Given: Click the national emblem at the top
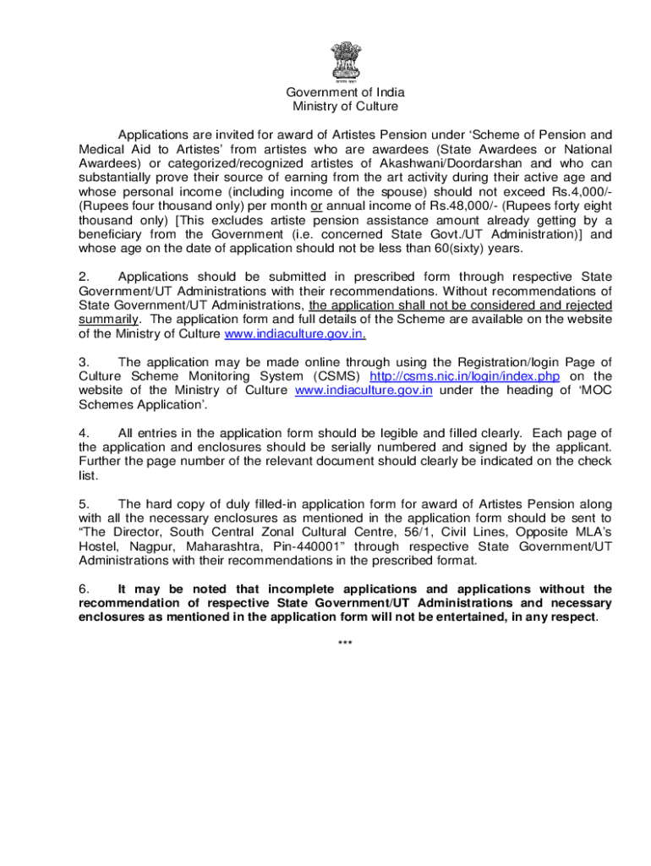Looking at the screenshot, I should point(343,58).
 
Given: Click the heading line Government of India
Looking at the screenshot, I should point(345,92).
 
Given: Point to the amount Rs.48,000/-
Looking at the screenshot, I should point(466,206).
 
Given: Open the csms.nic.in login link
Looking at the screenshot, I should point(465,375).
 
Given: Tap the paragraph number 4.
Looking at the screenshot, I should point(83,433).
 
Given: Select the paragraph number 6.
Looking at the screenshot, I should point(83,589).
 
